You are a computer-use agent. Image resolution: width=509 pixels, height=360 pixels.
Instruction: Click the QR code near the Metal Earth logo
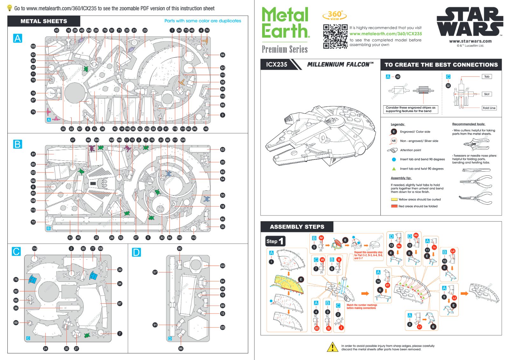click(x=335, y=36)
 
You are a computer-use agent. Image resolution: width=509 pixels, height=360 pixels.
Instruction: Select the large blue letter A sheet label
click(x=17, y=39)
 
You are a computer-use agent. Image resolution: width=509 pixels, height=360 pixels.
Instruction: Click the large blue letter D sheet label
click(x=136, y=252)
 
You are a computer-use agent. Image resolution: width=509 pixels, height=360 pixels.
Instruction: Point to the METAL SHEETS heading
click(x=44, y=21)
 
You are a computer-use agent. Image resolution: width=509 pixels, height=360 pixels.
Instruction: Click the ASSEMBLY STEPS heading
click(x=297, y=227)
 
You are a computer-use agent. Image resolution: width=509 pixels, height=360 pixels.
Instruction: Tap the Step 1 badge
click(x=275, y=241)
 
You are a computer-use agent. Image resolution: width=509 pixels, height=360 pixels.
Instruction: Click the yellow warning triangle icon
click(x=332, y=347)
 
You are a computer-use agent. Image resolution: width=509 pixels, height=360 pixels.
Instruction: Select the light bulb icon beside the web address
click(x=10, y=8)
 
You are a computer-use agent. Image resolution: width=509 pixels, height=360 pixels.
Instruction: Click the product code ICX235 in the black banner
click(x=276, y=65)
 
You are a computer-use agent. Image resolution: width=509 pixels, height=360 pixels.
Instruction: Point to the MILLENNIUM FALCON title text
click(x=340, y=65)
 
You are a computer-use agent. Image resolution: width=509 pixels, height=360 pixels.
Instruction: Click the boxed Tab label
click(x=487, y=77)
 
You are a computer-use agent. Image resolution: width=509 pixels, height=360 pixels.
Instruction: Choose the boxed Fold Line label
click(x=489, y=108)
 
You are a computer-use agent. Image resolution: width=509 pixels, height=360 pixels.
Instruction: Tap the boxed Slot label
click(x=487, y=94)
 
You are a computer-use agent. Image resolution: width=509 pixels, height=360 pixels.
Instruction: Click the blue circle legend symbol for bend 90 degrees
click(x=394, y=159)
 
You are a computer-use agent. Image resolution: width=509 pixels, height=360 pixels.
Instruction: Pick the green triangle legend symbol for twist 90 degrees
click(x=394, y=169)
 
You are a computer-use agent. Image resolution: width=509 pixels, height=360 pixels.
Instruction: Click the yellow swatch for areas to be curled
click(x=394, y=200)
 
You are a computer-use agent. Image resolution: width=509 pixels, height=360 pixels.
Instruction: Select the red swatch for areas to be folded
click(x=394, y=206)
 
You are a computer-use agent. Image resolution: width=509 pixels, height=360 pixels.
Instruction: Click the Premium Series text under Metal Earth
click(x=285, y=49)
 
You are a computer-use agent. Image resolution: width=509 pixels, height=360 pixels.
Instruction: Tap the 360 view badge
click(x=335, y=15)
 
